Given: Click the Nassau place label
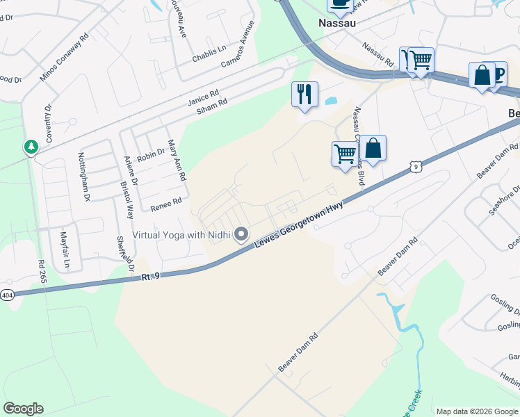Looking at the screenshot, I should click(x=337, y=22).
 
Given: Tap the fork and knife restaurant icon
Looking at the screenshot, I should click(x=304, y=94).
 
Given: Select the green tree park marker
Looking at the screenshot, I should click(x=31, y=147).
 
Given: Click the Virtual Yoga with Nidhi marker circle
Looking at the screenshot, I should click(x=242, y=235).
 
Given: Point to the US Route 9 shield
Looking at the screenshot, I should click(x=414, y=166).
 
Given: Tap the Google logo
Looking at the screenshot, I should click(x=23, y=409).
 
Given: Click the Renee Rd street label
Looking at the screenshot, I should click(x=165, y=204).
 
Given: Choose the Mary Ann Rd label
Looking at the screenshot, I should click(x=177, y=161).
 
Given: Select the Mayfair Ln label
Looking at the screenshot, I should click(x=65, y=250).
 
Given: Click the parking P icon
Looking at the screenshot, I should click(x=498, y=75).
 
